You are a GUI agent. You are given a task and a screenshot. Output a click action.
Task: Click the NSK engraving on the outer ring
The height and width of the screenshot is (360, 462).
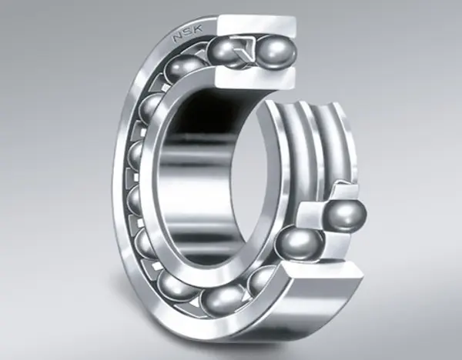click(188, 33)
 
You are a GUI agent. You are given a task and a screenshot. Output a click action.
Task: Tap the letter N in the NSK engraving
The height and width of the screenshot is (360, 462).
click(179, 37)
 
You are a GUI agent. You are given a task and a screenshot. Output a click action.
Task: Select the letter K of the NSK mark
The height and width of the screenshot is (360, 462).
click(198, 29)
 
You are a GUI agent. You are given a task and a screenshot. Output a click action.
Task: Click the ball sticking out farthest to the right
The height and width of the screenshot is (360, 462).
click(346, 215)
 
